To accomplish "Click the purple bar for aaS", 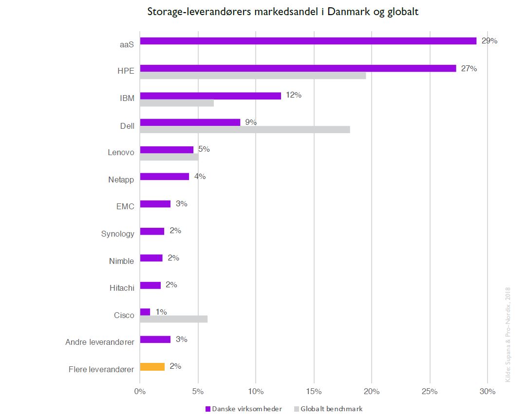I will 308,41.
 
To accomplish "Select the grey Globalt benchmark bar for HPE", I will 253,76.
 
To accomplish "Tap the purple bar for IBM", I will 210,96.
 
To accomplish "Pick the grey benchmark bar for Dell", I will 245,129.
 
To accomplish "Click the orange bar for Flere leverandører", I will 152,366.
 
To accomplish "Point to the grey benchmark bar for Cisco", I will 173,319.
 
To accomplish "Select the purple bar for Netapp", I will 164,177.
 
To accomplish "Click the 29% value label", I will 489,41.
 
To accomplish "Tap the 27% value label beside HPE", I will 469,68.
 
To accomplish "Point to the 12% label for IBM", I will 293,95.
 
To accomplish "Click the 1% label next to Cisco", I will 161,312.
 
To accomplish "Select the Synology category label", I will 117,234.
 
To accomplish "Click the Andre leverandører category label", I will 99,342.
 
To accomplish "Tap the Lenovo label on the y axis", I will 121,152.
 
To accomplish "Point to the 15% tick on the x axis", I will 314,391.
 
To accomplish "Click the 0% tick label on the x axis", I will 140,391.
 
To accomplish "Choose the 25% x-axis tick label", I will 430,391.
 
